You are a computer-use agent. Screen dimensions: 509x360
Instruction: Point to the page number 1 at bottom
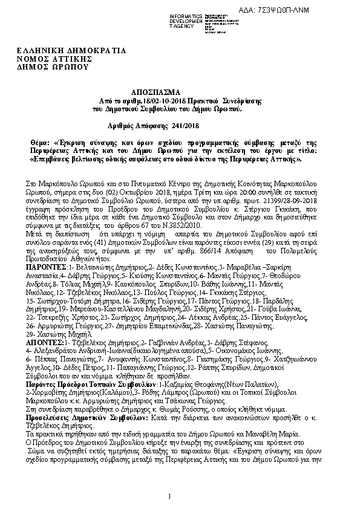click(171, 496)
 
